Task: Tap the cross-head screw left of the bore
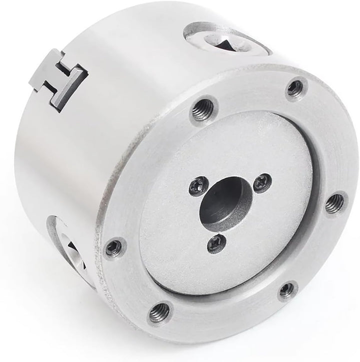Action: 196,187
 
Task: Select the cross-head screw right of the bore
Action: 262,183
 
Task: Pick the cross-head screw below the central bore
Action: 216,243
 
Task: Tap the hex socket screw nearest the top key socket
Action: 295,89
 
